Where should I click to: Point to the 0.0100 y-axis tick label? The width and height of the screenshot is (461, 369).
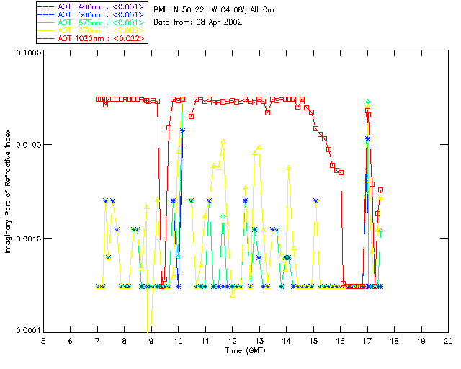pyautogui.click(x=27, y=146)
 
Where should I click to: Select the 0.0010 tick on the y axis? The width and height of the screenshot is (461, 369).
pyautogui.click(x=27, y=239)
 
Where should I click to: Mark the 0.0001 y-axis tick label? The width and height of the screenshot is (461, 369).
pyautogui.click(x=27, y=331)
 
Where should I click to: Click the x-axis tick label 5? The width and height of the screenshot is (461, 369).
pyautogui.click(x=43, y=341)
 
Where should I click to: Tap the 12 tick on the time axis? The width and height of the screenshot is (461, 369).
pyautogui.click(x=232, y=341)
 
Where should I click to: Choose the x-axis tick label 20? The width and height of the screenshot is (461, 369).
pyautogui.click(x=448, y=341)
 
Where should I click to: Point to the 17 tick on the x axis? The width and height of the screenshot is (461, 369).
pyautogui.click(x=367, y=341)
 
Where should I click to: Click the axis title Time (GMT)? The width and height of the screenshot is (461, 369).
pyautogui.click(x=245, y=350)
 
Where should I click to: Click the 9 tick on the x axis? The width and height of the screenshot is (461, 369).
pyautogui.click(x=151, y=341)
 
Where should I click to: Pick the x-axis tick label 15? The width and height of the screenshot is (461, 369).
pyautogui.click(x=313, y=341)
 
